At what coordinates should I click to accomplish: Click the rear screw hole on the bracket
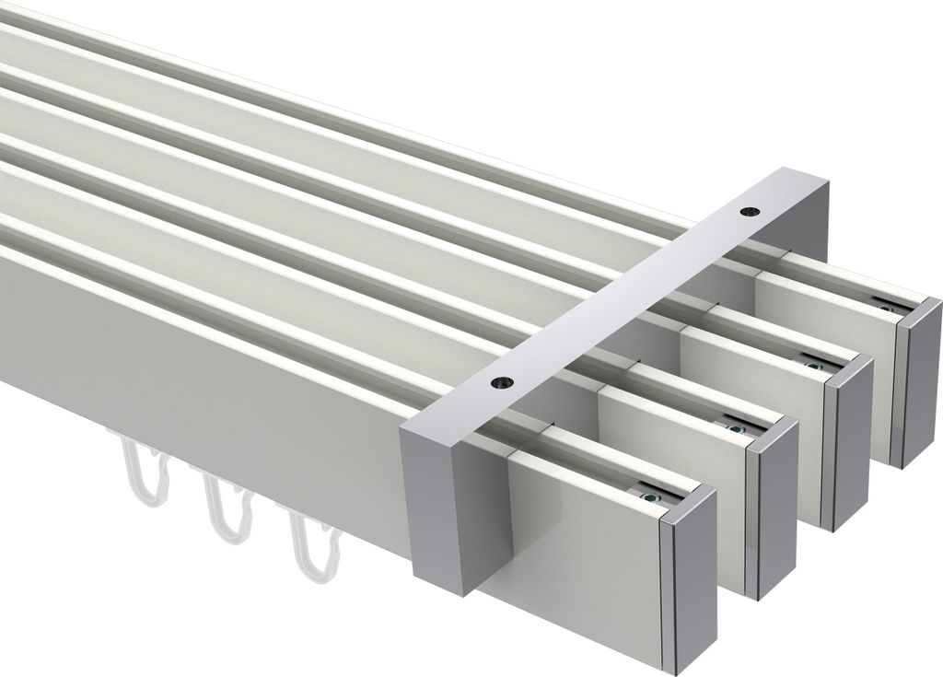[745, 212]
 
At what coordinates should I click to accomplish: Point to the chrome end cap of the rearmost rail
[921, 382]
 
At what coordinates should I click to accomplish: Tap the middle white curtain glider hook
[226, 511]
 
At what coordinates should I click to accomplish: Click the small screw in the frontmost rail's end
[653, 497]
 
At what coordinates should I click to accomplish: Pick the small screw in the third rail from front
[814, 366]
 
